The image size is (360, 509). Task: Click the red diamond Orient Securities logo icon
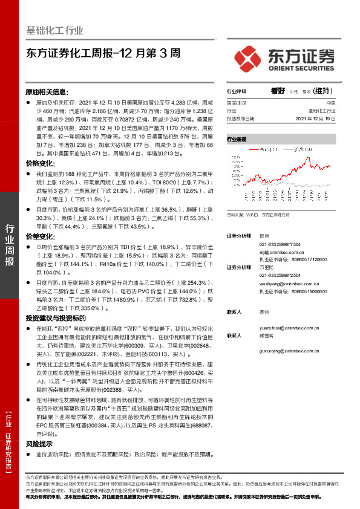click(248, 57)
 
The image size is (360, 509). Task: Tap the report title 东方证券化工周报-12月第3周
click(103, 53)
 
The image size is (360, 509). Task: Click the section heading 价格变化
click(39, 164)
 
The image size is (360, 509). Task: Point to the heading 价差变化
click(39, 238)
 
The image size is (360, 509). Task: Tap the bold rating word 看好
click(278, 91)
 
